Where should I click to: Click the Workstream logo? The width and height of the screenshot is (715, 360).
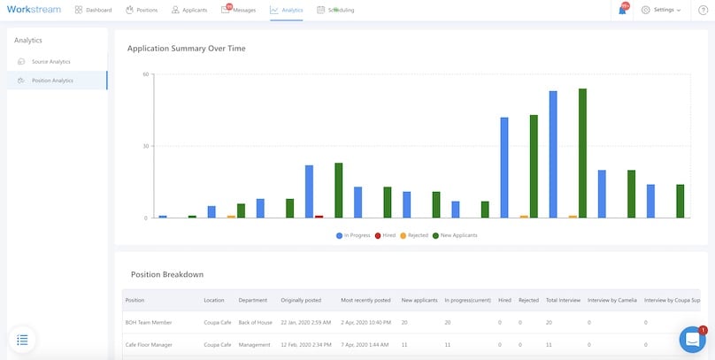coord(34,10)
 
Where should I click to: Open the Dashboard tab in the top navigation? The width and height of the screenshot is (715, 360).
coord(94,10)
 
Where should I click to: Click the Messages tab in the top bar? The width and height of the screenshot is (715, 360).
coord(239,10)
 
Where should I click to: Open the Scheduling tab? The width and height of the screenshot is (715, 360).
coord(335,10)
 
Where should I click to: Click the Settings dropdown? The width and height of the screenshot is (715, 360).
coord(661,10)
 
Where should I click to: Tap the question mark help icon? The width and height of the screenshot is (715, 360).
coord(702,10)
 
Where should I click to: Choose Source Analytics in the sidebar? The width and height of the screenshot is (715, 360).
coord(50,62)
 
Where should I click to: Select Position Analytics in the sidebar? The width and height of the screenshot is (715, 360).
coord(52,80)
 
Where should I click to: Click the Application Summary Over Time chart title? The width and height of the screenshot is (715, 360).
coord(187,48)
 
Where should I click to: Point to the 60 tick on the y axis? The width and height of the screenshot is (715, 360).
coord(145,74)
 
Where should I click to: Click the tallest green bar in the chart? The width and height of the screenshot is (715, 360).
coord(582,152)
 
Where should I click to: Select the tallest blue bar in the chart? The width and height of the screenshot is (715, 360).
coord(553,154)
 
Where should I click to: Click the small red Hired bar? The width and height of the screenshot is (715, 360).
coord(319,216)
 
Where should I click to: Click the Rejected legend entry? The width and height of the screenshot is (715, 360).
coord(414,235)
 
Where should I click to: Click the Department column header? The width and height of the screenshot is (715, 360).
coord(252,300)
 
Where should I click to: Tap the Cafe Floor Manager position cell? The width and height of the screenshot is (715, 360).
coord(149,344)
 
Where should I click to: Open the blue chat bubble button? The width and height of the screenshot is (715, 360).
coord(691,340)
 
